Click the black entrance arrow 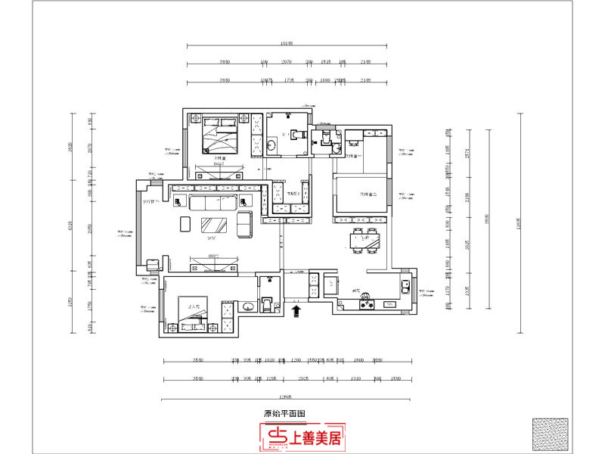pos(296,309)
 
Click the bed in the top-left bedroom pos(219,136)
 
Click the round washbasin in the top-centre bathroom pos(271,144)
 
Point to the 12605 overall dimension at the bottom pos(286,396)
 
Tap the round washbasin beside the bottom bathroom pos(247,306)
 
